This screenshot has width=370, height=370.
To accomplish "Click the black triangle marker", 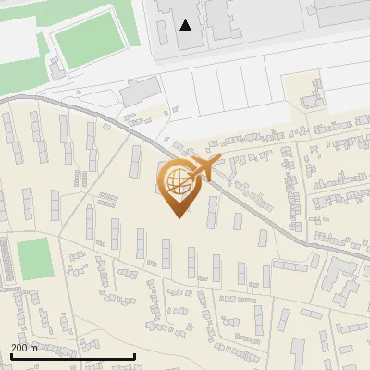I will (x=187, y=25).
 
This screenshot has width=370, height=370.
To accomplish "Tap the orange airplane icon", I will (x=204, y=167).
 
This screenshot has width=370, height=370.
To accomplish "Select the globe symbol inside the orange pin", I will (x=176, y=179).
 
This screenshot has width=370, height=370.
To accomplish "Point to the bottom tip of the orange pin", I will (x=177, y=217).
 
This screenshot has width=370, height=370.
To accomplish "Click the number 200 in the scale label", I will (x=18, y=348).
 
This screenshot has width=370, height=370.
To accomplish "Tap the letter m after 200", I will (x=33, y=348).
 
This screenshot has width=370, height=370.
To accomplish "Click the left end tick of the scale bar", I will (x=10, y=355).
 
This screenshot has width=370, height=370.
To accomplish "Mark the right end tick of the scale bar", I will (x=135, y=355).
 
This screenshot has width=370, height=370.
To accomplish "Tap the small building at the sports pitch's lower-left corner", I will (x=57, y=67).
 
